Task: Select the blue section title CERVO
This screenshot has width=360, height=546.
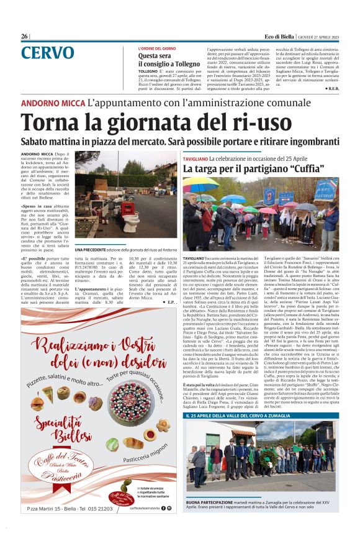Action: click(47, 53)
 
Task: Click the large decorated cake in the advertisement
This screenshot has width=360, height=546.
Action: click(144, 404)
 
